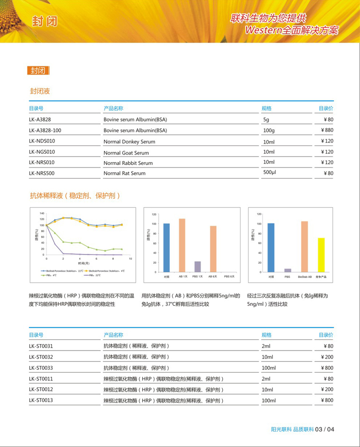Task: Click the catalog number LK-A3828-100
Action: click(x=45, y=130)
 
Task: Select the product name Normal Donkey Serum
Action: click(x=129, y=142)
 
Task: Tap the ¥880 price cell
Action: click(x=327, y=130)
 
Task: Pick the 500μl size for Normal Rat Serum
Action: click(x=270, y=172)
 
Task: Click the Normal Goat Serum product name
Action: click(x=126, y=153)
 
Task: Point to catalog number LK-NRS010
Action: click(x=42, y=163)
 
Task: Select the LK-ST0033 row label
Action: click(x=41, y=368)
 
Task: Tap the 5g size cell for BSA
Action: click(x=266, y=120)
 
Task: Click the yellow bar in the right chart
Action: click(x=321, y=255)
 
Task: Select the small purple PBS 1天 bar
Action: click(x=197, y=266)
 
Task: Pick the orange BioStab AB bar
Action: click(x=304, y=246)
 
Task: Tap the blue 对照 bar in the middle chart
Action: click(x=167, y=248)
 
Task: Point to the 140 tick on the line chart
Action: click(x=42, y=213)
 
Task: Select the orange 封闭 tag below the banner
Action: click(x=38, y=71)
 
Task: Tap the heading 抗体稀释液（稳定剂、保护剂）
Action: click(x=74, y=196)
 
